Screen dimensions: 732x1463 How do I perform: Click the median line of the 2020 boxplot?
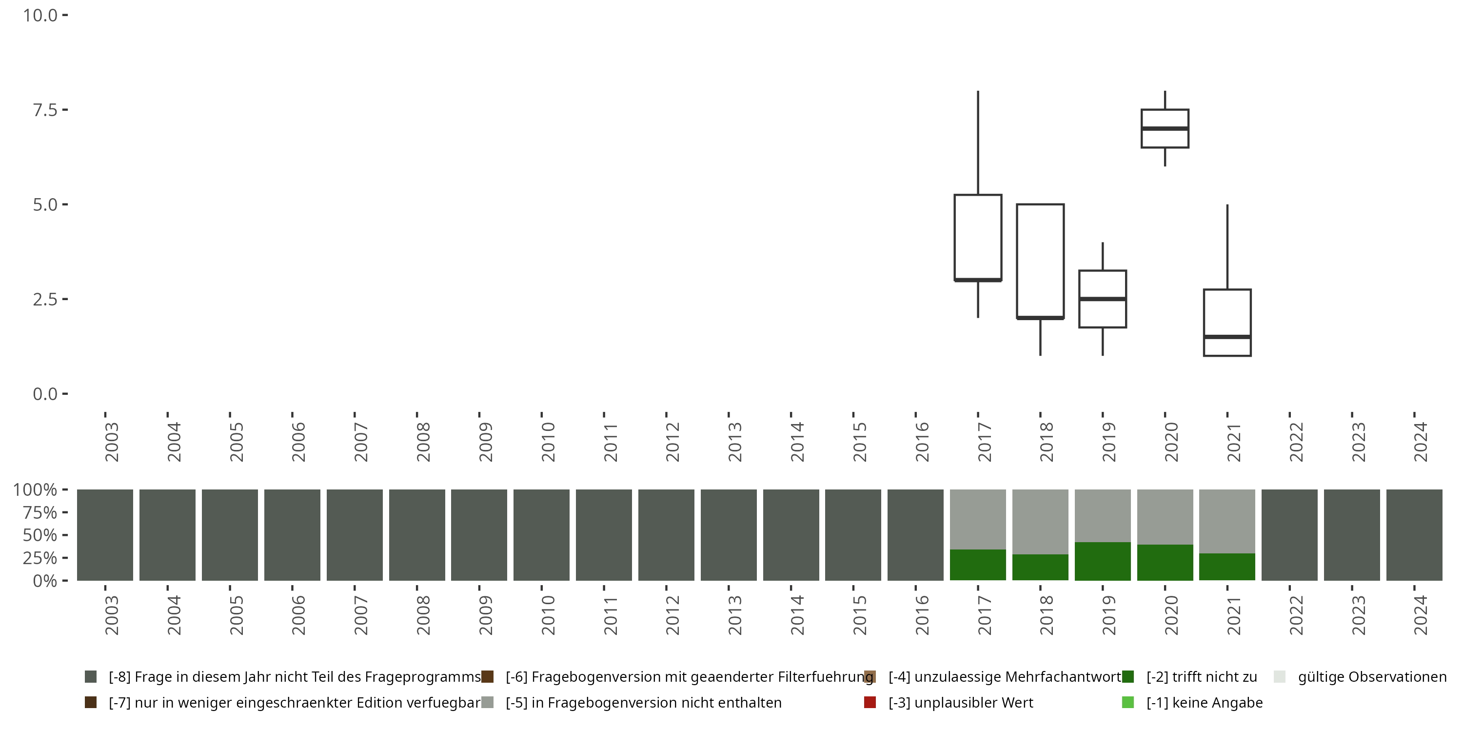(x=1165, y=128)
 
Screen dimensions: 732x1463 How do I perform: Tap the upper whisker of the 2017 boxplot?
(x=977, y=142)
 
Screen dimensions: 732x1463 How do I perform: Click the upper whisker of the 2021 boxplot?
(x=1227, y=247)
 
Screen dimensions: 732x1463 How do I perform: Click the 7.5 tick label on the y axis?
(x=45, y=110)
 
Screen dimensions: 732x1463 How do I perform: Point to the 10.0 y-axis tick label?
(x=40, y=15)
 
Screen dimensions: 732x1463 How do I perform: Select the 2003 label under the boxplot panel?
(x=111, y=442)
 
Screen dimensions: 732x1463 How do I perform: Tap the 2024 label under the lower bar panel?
(x=1420, y=615)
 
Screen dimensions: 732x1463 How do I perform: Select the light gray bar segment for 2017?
(x=977, y=519)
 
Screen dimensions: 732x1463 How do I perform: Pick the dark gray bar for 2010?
(x=541, y=535)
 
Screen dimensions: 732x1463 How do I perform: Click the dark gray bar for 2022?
(x=1289, y=535)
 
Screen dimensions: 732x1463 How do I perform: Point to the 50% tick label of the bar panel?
(x=39, y=535)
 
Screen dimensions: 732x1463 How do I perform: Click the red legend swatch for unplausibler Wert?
(x=870, y=702)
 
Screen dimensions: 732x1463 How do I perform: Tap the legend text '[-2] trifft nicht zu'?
(x=1201, y=677)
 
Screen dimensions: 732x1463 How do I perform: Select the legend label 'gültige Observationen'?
(x=1371, y=677)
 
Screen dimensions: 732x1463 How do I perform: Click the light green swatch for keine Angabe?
(x=1128, y=702)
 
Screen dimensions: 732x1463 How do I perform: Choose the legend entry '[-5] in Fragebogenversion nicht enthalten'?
(x=643, y=702)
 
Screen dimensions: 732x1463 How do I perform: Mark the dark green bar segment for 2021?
(x=1227, y=567)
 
